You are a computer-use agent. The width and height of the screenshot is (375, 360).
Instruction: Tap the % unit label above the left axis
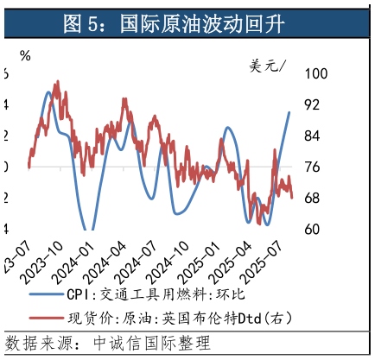coord(25,56)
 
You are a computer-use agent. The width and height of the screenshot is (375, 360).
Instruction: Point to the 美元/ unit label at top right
coord(270,66)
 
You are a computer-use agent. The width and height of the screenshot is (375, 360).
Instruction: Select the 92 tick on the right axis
coord(313,105)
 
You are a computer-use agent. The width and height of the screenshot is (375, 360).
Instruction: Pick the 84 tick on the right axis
coord(313,136)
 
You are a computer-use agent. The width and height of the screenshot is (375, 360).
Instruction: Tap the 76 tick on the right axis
coord(313,167)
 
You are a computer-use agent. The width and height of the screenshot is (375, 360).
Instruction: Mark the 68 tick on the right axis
coord(313,199)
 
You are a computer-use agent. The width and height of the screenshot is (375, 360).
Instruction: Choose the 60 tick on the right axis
coord(313,230)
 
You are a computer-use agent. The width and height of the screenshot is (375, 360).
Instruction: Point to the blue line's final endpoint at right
coord(289,112)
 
